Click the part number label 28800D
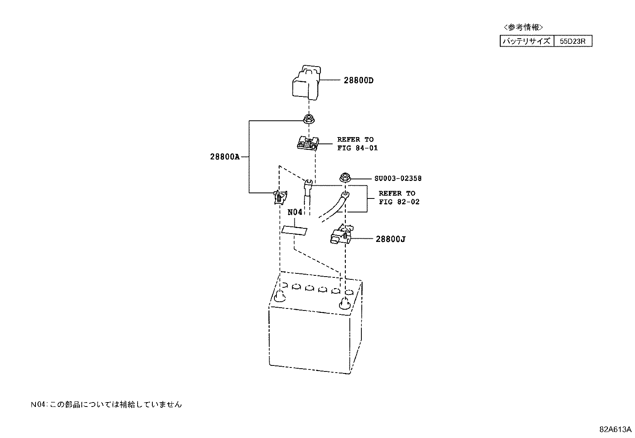coord(359,81)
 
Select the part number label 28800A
coord(225,157)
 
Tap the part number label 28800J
coord(390,239)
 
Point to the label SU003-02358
coord(398,178)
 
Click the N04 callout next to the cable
coord(295,212)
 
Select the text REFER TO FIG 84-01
coord(357,143)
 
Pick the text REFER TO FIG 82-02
coord(399,197)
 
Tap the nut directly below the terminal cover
coord(308,119)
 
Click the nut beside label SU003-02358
coord(345,178)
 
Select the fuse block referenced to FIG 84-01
coord(308,143)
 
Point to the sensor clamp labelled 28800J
coord(341,234)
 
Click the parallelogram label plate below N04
coord(294,230)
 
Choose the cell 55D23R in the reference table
coord(573,41)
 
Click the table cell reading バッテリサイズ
coord(527,41)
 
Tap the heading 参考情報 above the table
coord(523,27)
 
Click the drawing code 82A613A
coord(615,429)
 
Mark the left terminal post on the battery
coord(280,296)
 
